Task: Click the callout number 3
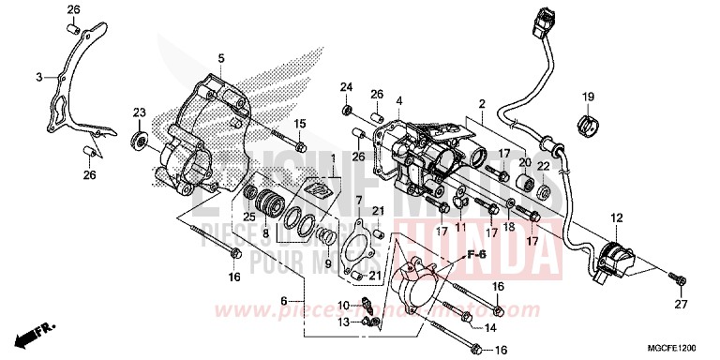tap(39, 77)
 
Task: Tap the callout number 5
tap(221, 59)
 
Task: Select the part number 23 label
tap(139, 113)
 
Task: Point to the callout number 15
tap(300, 124)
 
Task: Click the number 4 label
tap(398, 100)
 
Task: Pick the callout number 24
tap(346, 88)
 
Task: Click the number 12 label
tap(616, 217)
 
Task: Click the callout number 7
tap(358, 201)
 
